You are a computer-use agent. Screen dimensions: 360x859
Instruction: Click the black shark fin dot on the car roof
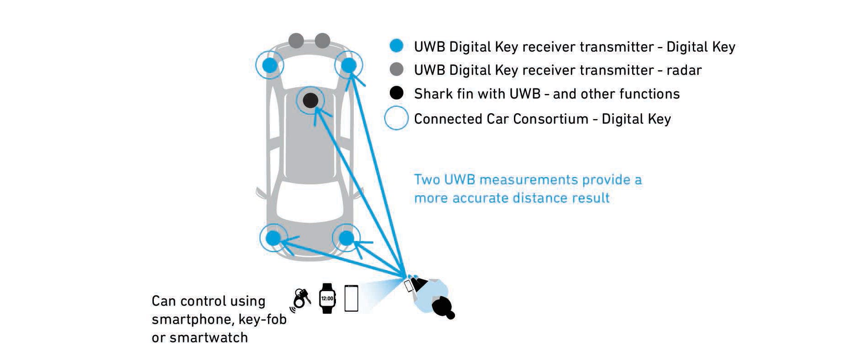310,100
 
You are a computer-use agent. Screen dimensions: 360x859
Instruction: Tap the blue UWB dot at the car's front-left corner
270,65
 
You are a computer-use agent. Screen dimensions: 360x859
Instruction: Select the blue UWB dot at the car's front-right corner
349,65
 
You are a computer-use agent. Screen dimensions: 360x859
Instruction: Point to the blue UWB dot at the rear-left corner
273,238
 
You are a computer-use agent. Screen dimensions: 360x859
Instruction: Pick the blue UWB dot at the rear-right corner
346,238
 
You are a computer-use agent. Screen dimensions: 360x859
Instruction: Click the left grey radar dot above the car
296,41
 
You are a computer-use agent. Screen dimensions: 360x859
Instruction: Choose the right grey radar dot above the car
322,41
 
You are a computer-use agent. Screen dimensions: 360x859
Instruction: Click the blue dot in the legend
397,46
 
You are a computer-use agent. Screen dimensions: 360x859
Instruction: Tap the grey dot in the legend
397,69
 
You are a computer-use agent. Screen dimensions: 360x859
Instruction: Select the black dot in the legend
397,93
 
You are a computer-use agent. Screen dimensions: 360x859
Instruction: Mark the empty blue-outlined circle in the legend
396,118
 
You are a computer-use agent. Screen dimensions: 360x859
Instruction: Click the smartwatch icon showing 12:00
327,298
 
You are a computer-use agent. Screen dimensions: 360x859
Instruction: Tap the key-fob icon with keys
301,299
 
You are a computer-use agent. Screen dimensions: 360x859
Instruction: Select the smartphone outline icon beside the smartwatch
351,298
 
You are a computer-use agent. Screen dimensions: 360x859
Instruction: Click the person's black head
442,307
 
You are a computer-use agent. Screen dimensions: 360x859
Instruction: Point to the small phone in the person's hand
409,286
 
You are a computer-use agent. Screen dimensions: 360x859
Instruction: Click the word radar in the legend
684,70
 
